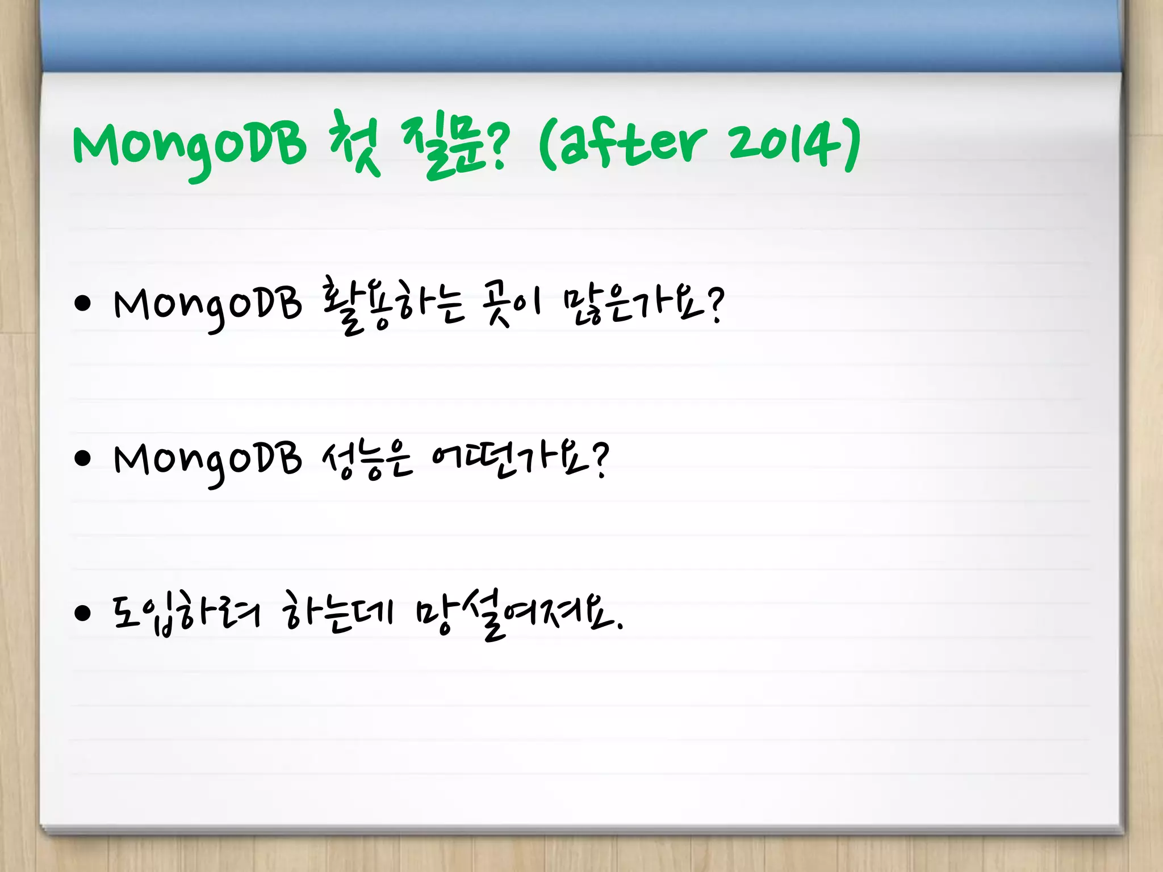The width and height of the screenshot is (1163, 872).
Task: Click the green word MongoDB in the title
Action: click(189, 145)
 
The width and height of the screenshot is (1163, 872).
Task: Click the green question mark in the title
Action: click(498, 146)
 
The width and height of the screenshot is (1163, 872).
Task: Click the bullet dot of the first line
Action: click(83, 304)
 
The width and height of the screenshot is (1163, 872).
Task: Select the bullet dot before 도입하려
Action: click(83, 614)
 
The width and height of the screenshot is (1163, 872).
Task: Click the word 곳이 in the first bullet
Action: click(510, 305)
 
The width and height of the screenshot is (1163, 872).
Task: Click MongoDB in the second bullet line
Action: click(208, 461)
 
